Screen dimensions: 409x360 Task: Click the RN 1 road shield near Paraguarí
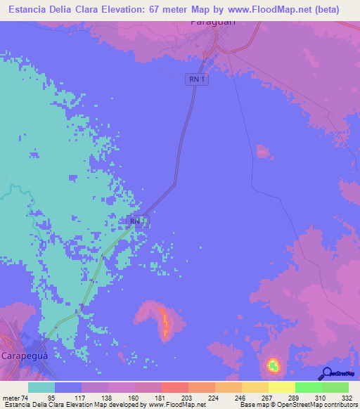click(x=198, y=79)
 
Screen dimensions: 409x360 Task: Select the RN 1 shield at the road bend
click(x=139, y=222)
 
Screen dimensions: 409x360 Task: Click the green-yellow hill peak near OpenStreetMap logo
click(x=273, y=364)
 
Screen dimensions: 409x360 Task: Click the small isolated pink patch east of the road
click(x=263, y=151)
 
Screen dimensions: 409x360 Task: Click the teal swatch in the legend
click(x=41, y=387)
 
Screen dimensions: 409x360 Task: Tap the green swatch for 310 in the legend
click(x=308, y=387)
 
